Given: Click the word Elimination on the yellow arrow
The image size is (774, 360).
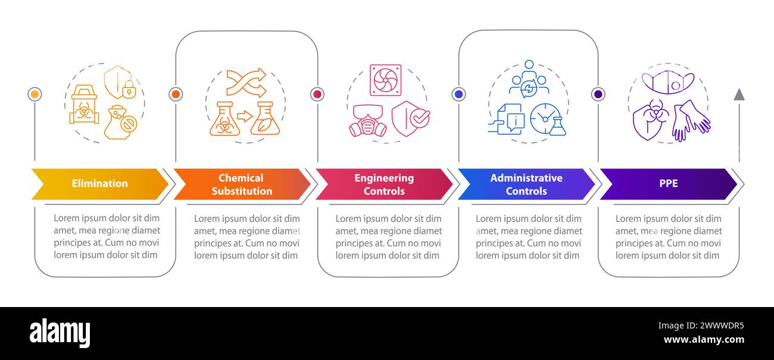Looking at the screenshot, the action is click(100, 183).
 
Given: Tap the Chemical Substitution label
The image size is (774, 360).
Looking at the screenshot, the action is click(242, 184).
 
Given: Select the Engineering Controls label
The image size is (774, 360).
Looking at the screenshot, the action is click(384, 184).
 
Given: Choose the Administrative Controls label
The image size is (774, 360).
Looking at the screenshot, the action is click(526, 184).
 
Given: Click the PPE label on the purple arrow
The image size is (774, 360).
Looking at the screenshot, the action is click(669, 183).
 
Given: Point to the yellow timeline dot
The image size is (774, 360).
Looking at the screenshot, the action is click(35, 94).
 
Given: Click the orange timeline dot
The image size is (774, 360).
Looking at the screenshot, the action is click(176, 94).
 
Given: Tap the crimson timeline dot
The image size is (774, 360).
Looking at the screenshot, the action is click(317, 94).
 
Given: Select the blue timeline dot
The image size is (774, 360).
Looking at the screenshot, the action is click(459, 94).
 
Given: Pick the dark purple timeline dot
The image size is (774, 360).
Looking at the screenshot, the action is click(598, 94).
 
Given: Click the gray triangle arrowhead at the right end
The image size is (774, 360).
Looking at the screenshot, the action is click(739, 95).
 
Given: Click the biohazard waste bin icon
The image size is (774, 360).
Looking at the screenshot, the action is click(84, 104).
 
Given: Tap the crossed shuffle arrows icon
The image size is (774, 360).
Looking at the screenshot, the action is click(246, 83).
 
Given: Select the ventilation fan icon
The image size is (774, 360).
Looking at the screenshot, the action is click(386, 80).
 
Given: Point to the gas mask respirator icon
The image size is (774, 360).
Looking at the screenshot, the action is click(368, 121).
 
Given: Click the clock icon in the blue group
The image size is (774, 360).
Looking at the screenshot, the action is click(545, 118).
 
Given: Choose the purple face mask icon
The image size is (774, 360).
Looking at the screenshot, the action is click(668, 82).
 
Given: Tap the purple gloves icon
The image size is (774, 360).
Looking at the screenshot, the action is click(691, 120).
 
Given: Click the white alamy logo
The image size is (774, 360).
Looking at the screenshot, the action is click(60, 333).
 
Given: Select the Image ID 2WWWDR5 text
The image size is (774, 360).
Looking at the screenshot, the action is click(701, 325).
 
